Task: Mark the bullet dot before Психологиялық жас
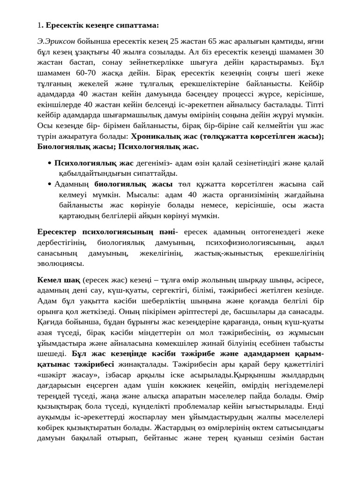[x=50, y=163]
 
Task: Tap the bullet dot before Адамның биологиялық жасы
[x=50, y=184]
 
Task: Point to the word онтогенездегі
[x=276, y=232]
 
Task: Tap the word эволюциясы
[x=60, y=264]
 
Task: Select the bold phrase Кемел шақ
[x=58, y=280]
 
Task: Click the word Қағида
[x=50, y=322]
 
